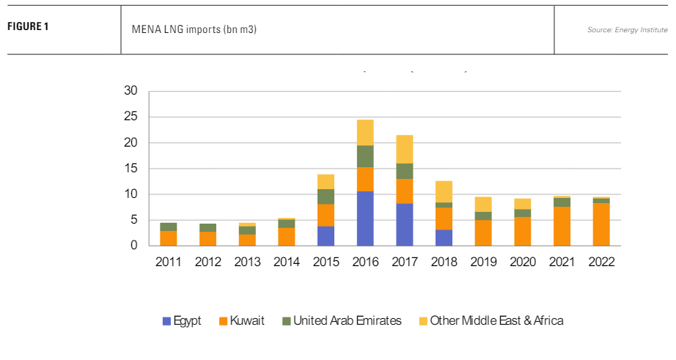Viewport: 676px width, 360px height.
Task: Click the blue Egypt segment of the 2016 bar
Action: [365, 218]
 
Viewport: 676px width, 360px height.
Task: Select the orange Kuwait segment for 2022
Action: [601, 224]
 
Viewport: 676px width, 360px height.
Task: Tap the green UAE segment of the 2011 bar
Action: [169, 227]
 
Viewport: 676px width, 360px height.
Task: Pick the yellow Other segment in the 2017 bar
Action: [405, 149]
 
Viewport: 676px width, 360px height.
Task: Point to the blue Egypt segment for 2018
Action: [444, 238]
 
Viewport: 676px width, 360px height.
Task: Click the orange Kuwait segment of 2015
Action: [326, 215]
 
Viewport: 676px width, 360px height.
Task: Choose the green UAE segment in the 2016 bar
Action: [365, 156]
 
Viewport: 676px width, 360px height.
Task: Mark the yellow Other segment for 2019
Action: [483, 204]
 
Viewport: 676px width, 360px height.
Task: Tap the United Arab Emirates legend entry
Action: [341, 320]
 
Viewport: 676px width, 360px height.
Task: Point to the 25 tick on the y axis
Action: [131, 117]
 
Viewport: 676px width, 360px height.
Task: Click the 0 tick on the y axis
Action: [134, 246]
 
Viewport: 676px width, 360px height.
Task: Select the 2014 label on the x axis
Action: [287, 262]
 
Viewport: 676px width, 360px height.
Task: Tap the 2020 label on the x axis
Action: [523, 262]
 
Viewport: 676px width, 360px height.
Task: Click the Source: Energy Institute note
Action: [627, 29]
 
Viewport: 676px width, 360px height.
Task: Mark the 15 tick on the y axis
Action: [131, 169]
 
